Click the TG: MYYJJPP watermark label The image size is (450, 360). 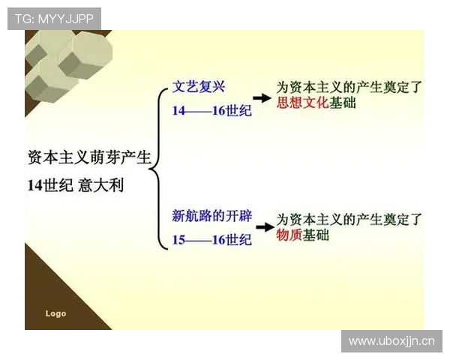[x=54, y=19]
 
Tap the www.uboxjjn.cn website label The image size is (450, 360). [x=391, y=341]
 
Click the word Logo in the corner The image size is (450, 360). [x=55, y=313]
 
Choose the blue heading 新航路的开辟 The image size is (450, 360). [x=212, y=217]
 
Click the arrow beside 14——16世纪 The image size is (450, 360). [x=261, y=98]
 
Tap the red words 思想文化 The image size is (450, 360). [x=303, y=103]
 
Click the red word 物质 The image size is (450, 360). [x=289, y=235]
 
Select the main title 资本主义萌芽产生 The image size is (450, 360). [x=89, y=158]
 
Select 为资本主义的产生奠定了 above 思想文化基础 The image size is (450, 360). [x=349, y=86]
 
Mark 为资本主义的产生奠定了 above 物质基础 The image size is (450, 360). [x=349, y=219]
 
